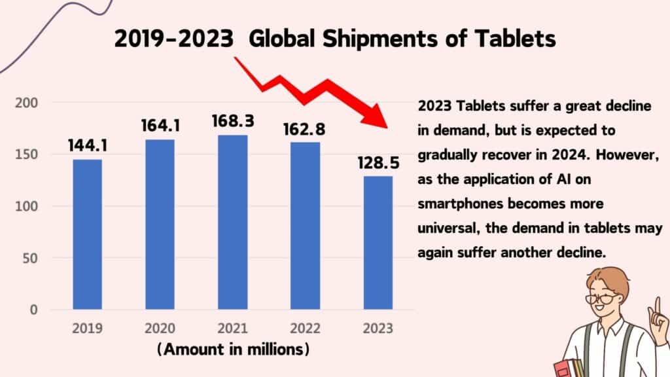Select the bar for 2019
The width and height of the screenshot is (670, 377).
click(87, 234)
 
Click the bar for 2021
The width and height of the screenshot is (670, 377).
click(232, 222)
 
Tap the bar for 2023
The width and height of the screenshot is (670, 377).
click(378, 242)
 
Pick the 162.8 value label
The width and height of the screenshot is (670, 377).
click(305, 128)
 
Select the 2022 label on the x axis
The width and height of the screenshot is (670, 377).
click(305, 328)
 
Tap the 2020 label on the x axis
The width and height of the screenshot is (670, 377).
click(160, 328)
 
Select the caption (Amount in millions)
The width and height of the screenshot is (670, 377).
click(233, 350)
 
